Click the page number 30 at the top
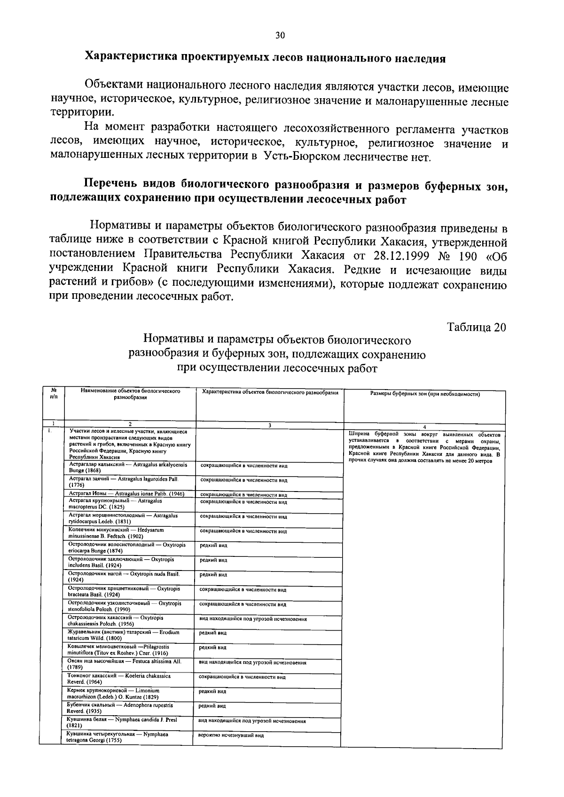click(x=280, y=36)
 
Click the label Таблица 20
click(x=477, y=328)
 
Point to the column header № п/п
click(x=54, y=393)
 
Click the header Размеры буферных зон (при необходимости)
click(x=424, y=394)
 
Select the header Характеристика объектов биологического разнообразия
click(x=270, y=391)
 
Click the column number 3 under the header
click(x=270, y=425)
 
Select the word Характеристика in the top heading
click(x=130, y=58)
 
